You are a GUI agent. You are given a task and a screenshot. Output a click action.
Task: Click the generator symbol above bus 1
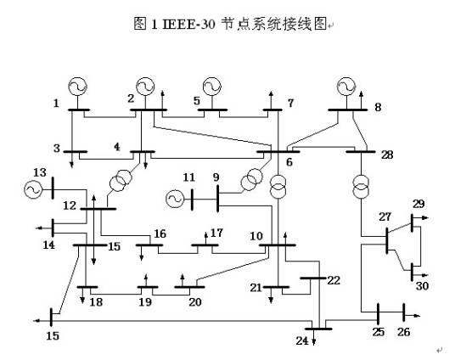point(77,86)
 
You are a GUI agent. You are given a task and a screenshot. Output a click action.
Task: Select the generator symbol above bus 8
point(345,86)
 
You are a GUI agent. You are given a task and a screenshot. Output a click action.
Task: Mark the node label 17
point(216,233)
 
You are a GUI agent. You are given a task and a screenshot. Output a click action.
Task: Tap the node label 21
point(256,289)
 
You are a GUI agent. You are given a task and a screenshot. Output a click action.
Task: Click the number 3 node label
point(57,149)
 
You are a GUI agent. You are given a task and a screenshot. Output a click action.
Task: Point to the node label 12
point(67,205)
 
